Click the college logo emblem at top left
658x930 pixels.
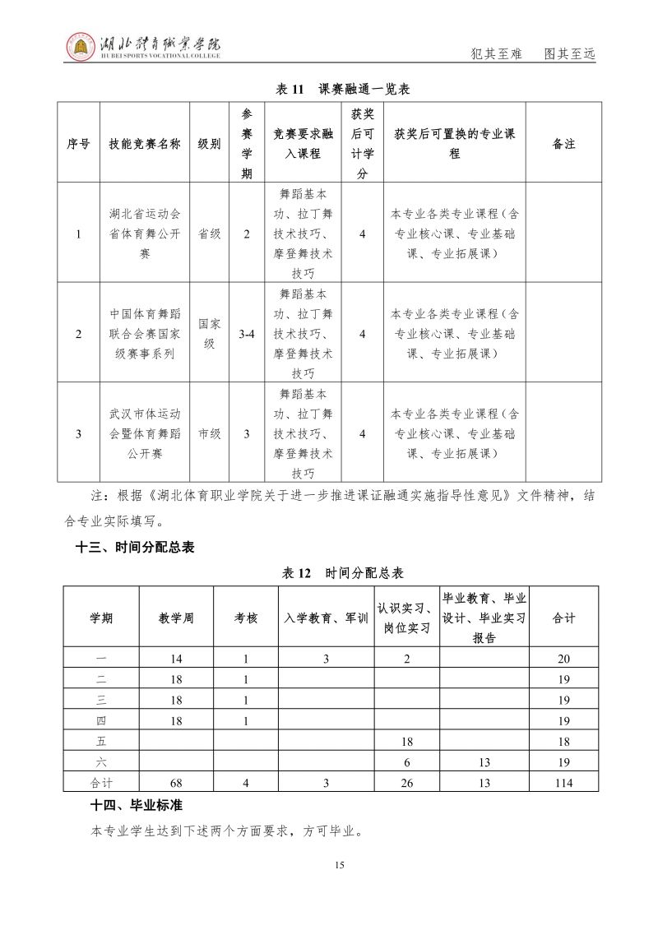tap(80, 47)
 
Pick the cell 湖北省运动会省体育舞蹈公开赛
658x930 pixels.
tap(144, 234)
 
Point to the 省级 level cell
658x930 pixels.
tap(210, 234)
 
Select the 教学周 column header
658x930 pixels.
tap(176, 618)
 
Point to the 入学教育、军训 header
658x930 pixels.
tap(326, 618)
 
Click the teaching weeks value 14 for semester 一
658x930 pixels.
tap(176, 659)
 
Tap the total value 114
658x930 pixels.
tap(563, 783)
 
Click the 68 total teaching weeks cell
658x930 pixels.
tap(176, 783)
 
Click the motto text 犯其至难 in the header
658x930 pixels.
tap(496, 54)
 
